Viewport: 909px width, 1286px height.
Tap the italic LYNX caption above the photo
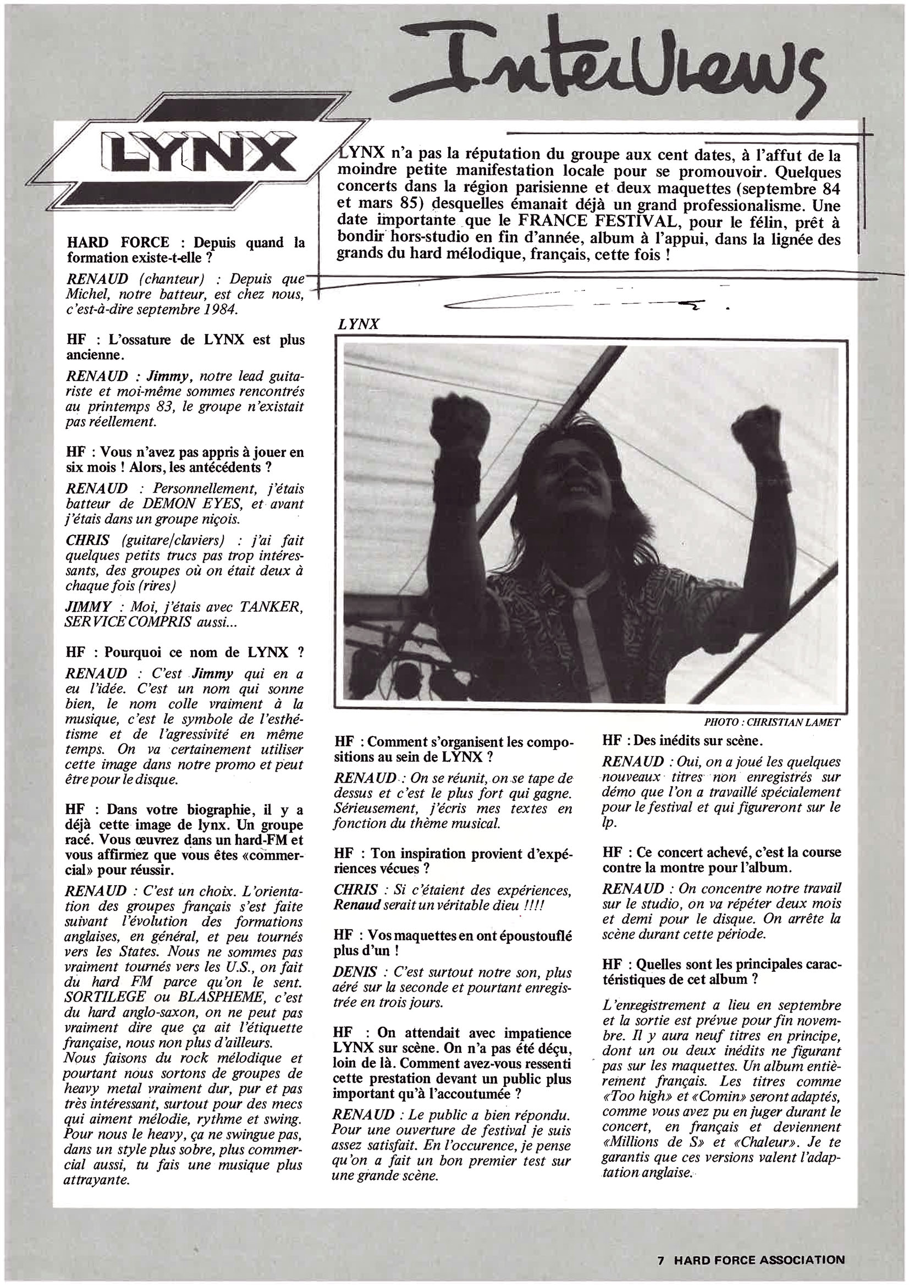tap(359, 323)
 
